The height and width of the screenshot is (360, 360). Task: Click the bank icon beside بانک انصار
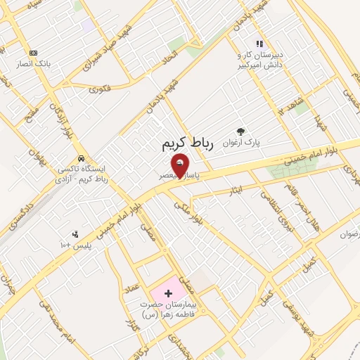[x=33, y=53]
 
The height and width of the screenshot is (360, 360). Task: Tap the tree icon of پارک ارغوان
[x=241, y=131]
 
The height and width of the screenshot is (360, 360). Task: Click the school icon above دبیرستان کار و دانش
[x=260, y=44]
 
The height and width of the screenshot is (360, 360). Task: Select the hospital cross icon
[x=167, y=292]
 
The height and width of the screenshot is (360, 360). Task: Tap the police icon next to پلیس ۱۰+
[x=75, y=234]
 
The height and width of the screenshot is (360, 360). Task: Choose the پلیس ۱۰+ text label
[x=75, y=245]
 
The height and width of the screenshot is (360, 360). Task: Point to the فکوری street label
[x=101, y=89]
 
